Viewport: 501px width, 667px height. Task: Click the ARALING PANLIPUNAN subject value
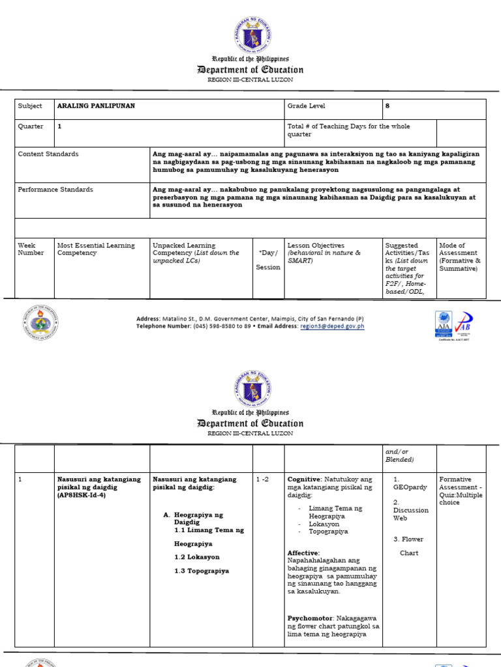96,106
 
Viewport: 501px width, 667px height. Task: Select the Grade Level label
306,106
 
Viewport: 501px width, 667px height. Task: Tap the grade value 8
388,106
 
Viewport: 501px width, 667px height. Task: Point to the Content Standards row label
48,154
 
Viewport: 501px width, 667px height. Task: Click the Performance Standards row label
55,190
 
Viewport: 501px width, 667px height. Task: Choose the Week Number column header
31,249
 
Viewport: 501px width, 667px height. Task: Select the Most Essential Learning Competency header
96,249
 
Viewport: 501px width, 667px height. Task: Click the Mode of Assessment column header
461,257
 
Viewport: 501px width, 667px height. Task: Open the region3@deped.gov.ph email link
331,326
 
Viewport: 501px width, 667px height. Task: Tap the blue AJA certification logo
443,323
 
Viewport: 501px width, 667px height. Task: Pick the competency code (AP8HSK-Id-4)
82,495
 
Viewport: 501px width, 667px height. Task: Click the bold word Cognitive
305,479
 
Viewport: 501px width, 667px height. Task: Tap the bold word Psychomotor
311,617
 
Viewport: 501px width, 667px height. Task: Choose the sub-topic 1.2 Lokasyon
197,557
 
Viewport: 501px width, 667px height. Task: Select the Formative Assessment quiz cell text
461,490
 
